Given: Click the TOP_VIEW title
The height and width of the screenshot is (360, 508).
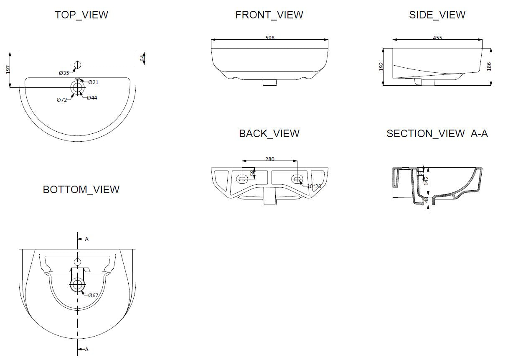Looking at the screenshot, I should coord(81,15).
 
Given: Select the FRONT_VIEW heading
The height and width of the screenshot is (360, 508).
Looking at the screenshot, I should coord(269,15).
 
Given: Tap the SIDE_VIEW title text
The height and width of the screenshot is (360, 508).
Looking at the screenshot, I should coord(437,15).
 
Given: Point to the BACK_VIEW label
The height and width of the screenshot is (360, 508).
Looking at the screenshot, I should coord(269,133).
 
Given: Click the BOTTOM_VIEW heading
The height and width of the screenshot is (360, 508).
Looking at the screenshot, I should coord(81,189).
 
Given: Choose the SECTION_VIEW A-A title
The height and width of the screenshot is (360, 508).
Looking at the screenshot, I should coord(437,133).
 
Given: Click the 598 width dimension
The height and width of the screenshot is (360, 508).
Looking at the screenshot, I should coord(270,38).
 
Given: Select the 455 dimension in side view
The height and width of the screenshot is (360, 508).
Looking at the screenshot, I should coord(437,38).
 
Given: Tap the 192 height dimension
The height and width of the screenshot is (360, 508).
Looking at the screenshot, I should coord(381,67).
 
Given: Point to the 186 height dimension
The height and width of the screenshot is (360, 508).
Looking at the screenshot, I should coord(489,66).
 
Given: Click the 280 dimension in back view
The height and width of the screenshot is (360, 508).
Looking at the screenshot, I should coord(270,159).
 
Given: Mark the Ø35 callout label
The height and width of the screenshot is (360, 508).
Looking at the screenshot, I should coord(63,73).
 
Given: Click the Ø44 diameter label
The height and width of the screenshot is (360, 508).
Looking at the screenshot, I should coord(92,97).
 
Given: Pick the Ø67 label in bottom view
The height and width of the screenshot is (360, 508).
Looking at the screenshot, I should coord(93,295).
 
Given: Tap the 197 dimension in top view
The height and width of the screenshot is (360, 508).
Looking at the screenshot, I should coord(8,69).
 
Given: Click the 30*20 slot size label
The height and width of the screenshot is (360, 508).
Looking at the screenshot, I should coord(314,186).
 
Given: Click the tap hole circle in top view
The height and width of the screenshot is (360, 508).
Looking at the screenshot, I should coord(77,64).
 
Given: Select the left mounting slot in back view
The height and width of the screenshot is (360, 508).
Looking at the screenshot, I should coord(242,179).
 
